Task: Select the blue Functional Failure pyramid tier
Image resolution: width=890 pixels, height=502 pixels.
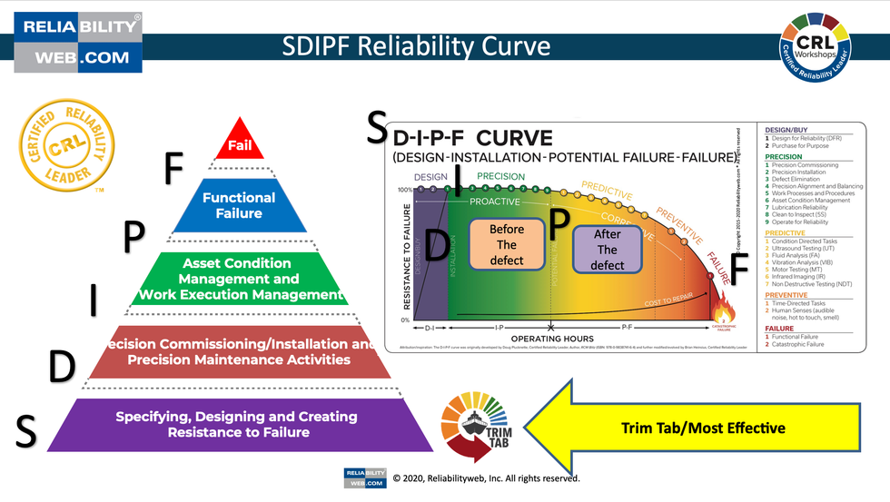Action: point(239,205)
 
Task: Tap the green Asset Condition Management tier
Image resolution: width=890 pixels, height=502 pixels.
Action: point(240,278)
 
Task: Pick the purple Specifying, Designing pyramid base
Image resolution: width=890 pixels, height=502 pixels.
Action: point(236,424)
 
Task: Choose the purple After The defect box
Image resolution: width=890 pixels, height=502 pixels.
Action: point(607,250)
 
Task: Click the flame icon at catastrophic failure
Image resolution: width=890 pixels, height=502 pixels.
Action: point(724,301)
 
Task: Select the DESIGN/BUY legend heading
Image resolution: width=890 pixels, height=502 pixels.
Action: point(786,130)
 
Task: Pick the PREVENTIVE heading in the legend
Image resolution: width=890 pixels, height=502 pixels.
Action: point(786,295)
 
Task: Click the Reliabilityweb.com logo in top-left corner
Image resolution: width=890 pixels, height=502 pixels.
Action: point(77,41)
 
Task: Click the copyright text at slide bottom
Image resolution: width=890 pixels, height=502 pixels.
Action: point(485,478)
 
